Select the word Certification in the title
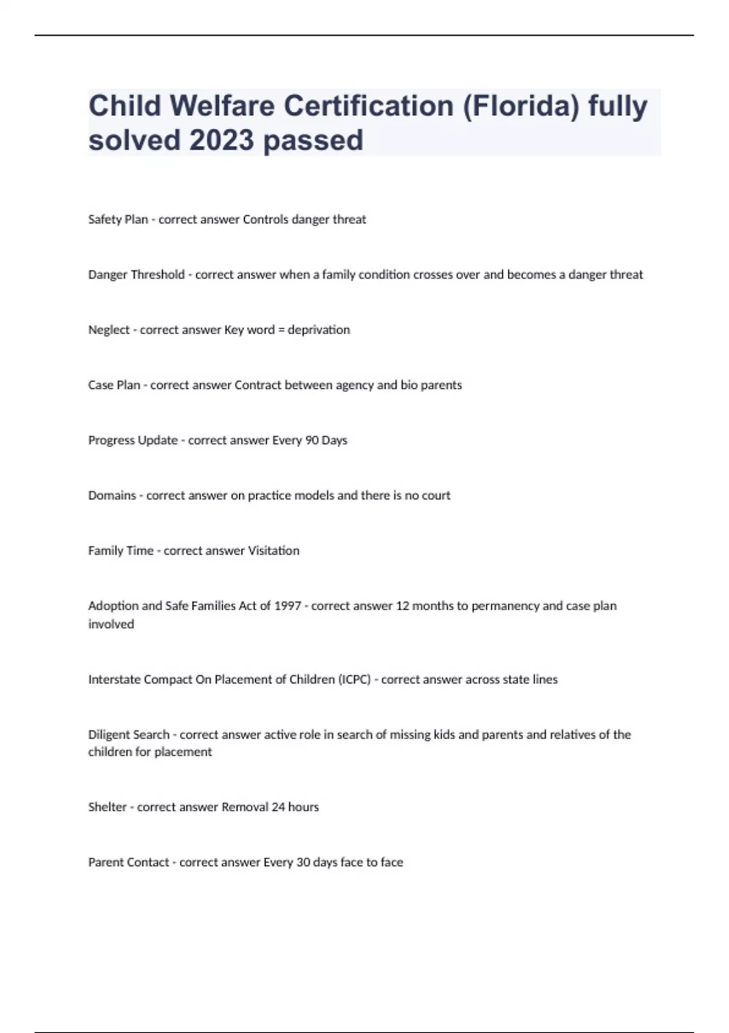[x=369, y=106]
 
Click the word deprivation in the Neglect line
[x=319, y=329]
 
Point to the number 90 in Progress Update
[x=312, y=440]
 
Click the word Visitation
[x=274, y=551]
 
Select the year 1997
[x=287, y=606]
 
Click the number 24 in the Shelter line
[x=278, y=807]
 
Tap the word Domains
[x=112, y=495]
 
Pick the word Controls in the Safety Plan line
[x=265, y=219]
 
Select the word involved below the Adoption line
[x=111, y=624]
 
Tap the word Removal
[x=245, y=807]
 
